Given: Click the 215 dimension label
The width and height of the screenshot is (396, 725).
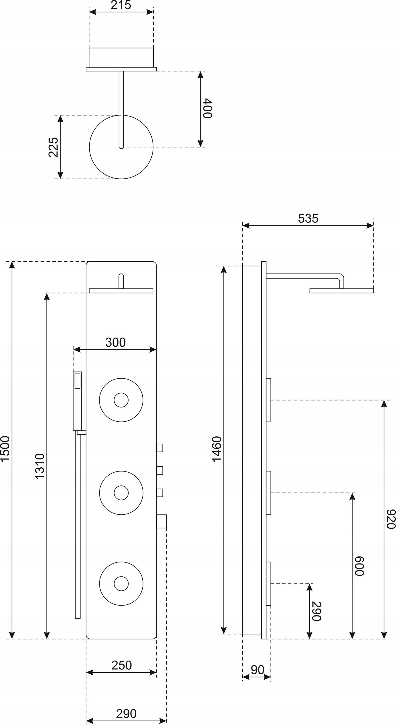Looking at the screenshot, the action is pyautogui.click(x=121, y=5).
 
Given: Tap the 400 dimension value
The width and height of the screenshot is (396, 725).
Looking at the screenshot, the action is pyautogui.click(x=207, y=108).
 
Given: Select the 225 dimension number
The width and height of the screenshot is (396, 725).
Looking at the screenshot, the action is pyautogui.click(x=53, y=147).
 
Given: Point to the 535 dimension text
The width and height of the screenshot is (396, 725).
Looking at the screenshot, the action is pyautogui.click(x=308, y=218).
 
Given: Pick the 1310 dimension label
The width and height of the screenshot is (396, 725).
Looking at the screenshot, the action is pyautogui.click(x=40, y=466).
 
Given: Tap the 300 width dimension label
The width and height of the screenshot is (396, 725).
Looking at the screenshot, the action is pyautogui.click(x=115, y=342).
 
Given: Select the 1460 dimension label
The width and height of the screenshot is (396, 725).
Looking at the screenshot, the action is pyautogui.click(x=217, y=449).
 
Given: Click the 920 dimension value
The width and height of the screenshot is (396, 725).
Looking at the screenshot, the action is pyautogui.click(x=391, y=519).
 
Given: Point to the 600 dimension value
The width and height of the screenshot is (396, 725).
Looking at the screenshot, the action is pyautogui.click(x=359, y=566).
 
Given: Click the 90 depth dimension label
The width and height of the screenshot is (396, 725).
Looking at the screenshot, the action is pyautogui.click(x=257, y=675).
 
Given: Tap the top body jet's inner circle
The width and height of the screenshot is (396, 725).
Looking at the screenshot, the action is pyautogui.click(x=121, y=400).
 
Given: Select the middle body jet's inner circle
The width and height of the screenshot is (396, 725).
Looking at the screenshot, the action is pyautogui.click(x=121, y=493).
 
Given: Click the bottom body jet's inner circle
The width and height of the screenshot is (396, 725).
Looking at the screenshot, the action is pyautogui.click(x=121, y=584).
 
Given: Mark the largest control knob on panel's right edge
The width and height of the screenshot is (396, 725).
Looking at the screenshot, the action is pyautogui.click(x=161, y=521).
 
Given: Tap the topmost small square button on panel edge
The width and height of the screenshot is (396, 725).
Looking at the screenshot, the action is pyautogui.click(x=160, y=448).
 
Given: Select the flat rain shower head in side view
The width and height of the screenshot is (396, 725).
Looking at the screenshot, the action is pyautogui.click(x=341, y=291).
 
